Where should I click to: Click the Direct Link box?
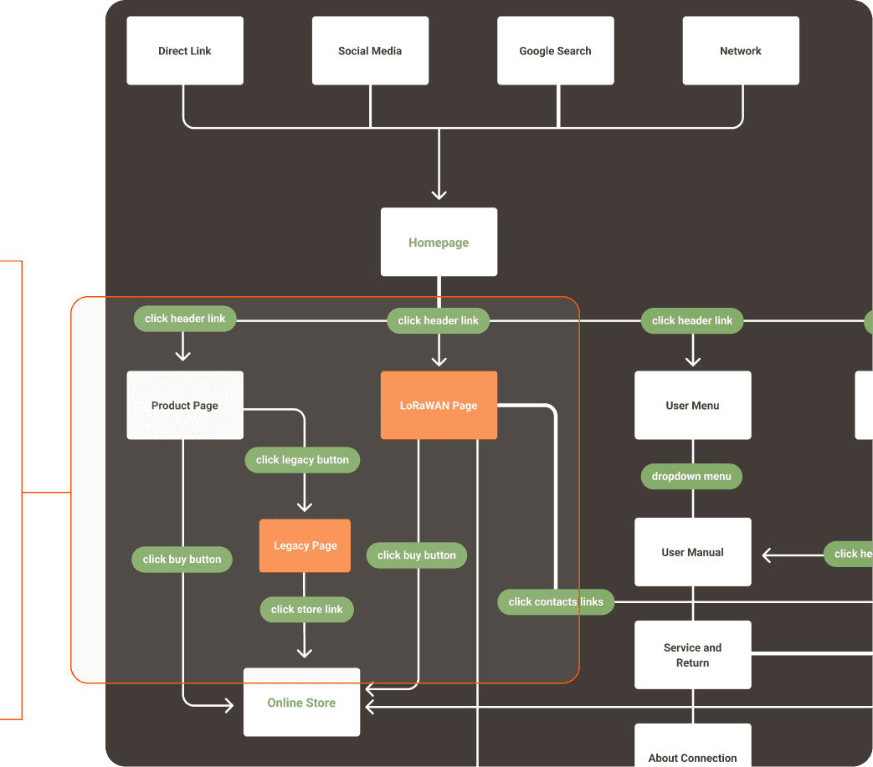tap(185, 51)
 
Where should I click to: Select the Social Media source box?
tap(370, 51)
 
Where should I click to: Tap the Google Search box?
tap(555, 51)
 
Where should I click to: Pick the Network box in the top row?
tap(741, 51)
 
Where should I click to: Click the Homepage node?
tap(439, 243)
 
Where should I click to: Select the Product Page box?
tap(185, 406)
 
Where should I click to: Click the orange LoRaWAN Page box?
tap(439, 406)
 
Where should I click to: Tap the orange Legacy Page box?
tap(305, 546)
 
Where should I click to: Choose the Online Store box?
tap(301, 703)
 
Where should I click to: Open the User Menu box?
tap(692, 406)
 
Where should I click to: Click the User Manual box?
tap(692, 552)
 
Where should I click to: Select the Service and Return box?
tap(692, 655)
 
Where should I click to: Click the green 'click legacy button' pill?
tap(302, 460)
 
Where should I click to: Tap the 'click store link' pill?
tap(306, 610)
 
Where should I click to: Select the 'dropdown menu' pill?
tap(691, 477)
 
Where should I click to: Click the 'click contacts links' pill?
tap(556, 602)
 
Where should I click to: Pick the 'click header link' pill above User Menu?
tap(691, 320)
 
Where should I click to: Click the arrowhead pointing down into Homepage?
tap(439, 194)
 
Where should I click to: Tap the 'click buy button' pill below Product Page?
tap(182, 560)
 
